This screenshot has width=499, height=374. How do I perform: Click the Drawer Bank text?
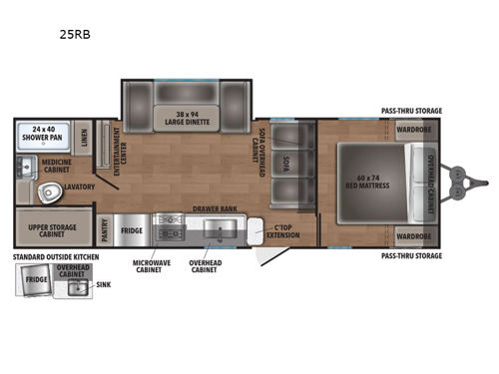pyautogui.click(x=213, y=210)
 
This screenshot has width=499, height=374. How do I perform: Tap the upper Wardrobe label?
pyautogui.click(x=412, y=129)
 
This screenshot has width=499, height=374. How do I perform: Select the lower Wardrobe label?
pyautogui.click(x=412, y=235)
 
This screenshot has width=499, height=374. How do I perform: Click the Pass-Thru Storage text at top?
pyautogui.click(x=411, y=111)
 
